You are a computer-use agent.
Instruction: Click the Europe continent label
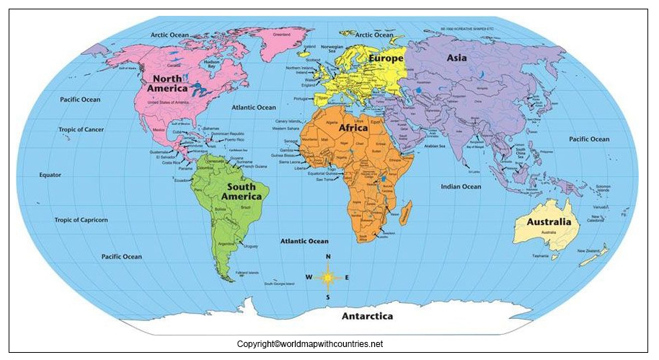point(386,57)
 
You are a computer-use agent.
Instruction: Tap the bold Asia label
point(456,57)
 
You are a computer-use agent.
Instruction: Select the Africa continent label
point(353,128)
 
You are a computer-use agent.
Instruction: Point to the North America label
point(167,83)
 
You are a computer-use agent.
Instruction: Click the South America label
point(241,191)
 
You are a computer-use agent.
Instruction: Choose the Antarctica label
point(367,316)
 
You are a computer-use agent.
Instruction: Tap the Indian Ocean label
point(461,187)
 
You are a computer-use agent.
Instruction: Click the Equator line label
point(50,175)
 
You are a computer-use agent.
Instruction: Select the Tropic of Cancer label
point(81,130)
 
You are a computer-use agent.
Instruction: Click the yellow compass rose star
point(328,277)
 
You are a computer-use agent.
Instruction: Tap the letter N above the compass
point(328,258)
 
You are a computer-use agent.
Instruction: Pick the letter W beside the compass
point(309,277)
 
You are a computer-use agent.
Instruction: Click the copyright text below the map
point(310,344)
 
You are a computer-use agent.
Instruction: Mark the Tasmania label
point(541,256)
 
